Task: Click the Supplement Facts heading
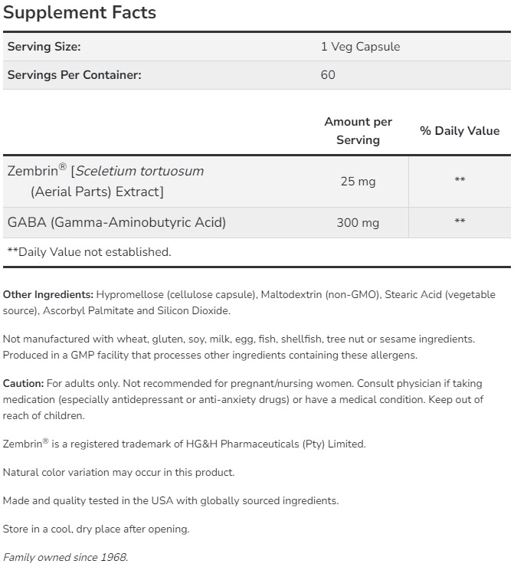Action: [80, 13]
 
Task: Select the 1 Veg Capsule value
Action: [360, 47]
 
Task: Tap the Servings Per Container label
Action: [74, 75]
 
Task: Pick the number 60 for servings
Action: [328, 75]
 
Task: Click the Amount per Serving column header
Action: [358, 131]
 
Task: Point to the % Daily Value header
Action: [460, 131]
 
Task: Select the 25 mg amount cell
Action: [358, 182]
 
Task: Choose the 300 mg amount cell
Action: [358, 223]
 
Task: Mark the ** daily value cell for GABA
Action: [460, 223]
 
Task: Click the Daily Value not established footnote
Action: [89, 251]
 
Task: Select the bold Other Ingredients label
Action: [47, 295]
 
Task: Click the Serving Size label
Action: [44, 47]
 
